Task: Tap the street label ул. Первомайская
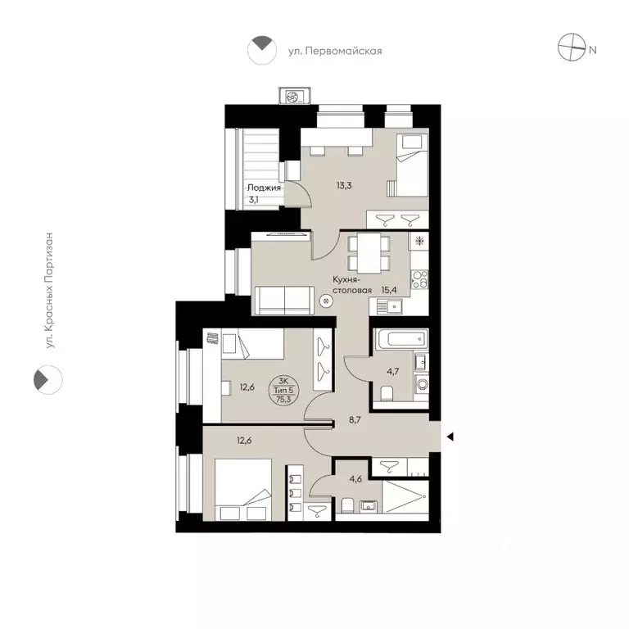pyautogui.click(x=335, y=51)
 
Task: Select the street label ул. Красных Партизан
pyautogui.click(x=50, y=292)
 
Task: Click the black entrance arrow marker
pyautogui.click(x=449, y=437)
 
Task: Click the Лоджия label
pyautogui.click(x=265, y=187)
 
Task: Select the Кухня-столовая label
pyautogui.click(x=353, y=284)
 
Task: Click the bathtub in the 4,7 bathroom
pyautogui.click(x=399, y=338)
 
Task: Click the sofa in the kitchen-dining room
pyautogui.click(x=283, y=300)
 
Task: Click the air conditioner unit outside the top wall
pyautogui.click(x=292, y=97)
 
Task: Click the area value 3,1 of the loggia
pyautogui.click(x=256, y=199)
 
